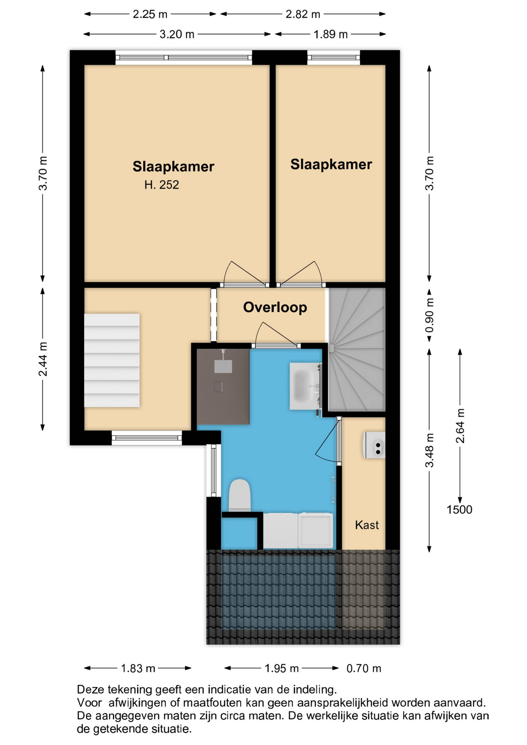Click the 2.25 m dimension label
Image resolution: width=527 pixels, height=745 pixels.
[150, 14]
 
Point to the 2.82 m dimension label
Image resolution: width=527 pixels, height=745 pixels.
[303, 14]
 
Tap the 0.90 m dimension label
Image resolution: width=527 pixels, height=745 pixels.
[430, 315]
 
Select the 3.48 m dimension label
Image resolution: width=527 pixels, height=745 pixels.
[430, 450]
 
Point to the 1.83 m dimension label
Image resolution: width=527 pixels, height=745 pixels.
[138, 668]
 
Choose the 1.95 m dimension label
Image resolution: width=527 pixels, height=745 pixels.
[282, 668]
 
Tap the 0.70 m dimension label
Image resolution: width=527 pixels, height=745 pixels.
[364, 668]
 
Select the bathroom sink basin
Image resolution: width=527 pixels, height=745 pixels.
[305, 386]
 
